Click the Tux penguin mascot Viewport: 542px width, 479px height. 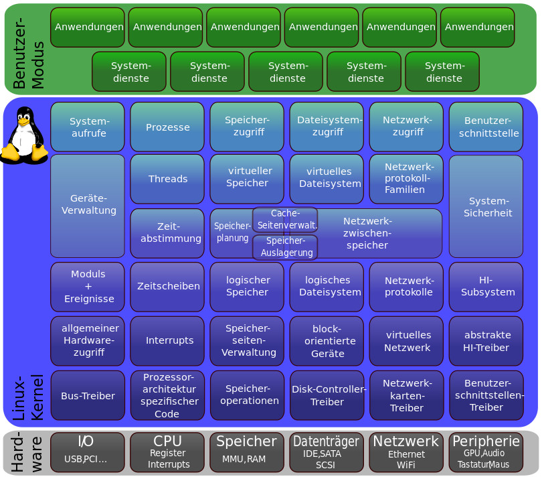pos(24,135)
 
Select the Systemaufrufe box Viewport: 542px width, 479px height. pos(88,127)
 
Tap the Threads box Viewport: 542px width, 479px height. pos(167,179)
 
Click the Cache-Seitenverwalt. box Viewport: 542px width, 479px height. pos(285,219)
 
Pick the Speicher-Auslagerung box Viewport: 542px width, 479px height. pos(285,247)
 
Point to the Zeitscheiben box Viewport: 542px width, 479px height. pos(167,286)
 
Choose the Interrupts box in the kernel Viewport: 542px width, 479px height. pos(167,340)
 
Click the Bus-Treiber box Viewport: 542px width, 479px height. pos(88,395)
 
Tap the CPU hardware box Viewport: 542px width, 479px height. pos(167,452)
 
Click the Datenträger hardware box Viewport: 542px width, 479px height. pos(327,452)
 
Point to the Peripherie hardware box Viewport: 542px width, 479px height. pos(486,452)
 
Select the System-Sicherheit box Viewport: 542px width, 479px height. pos(486,206)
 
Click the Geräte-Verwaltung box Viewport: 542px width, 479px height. pos(88,206)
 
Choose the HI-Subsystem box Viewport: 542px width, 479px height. pos(486,286)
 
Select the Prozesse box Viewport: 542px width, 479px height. pos(167,127)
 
